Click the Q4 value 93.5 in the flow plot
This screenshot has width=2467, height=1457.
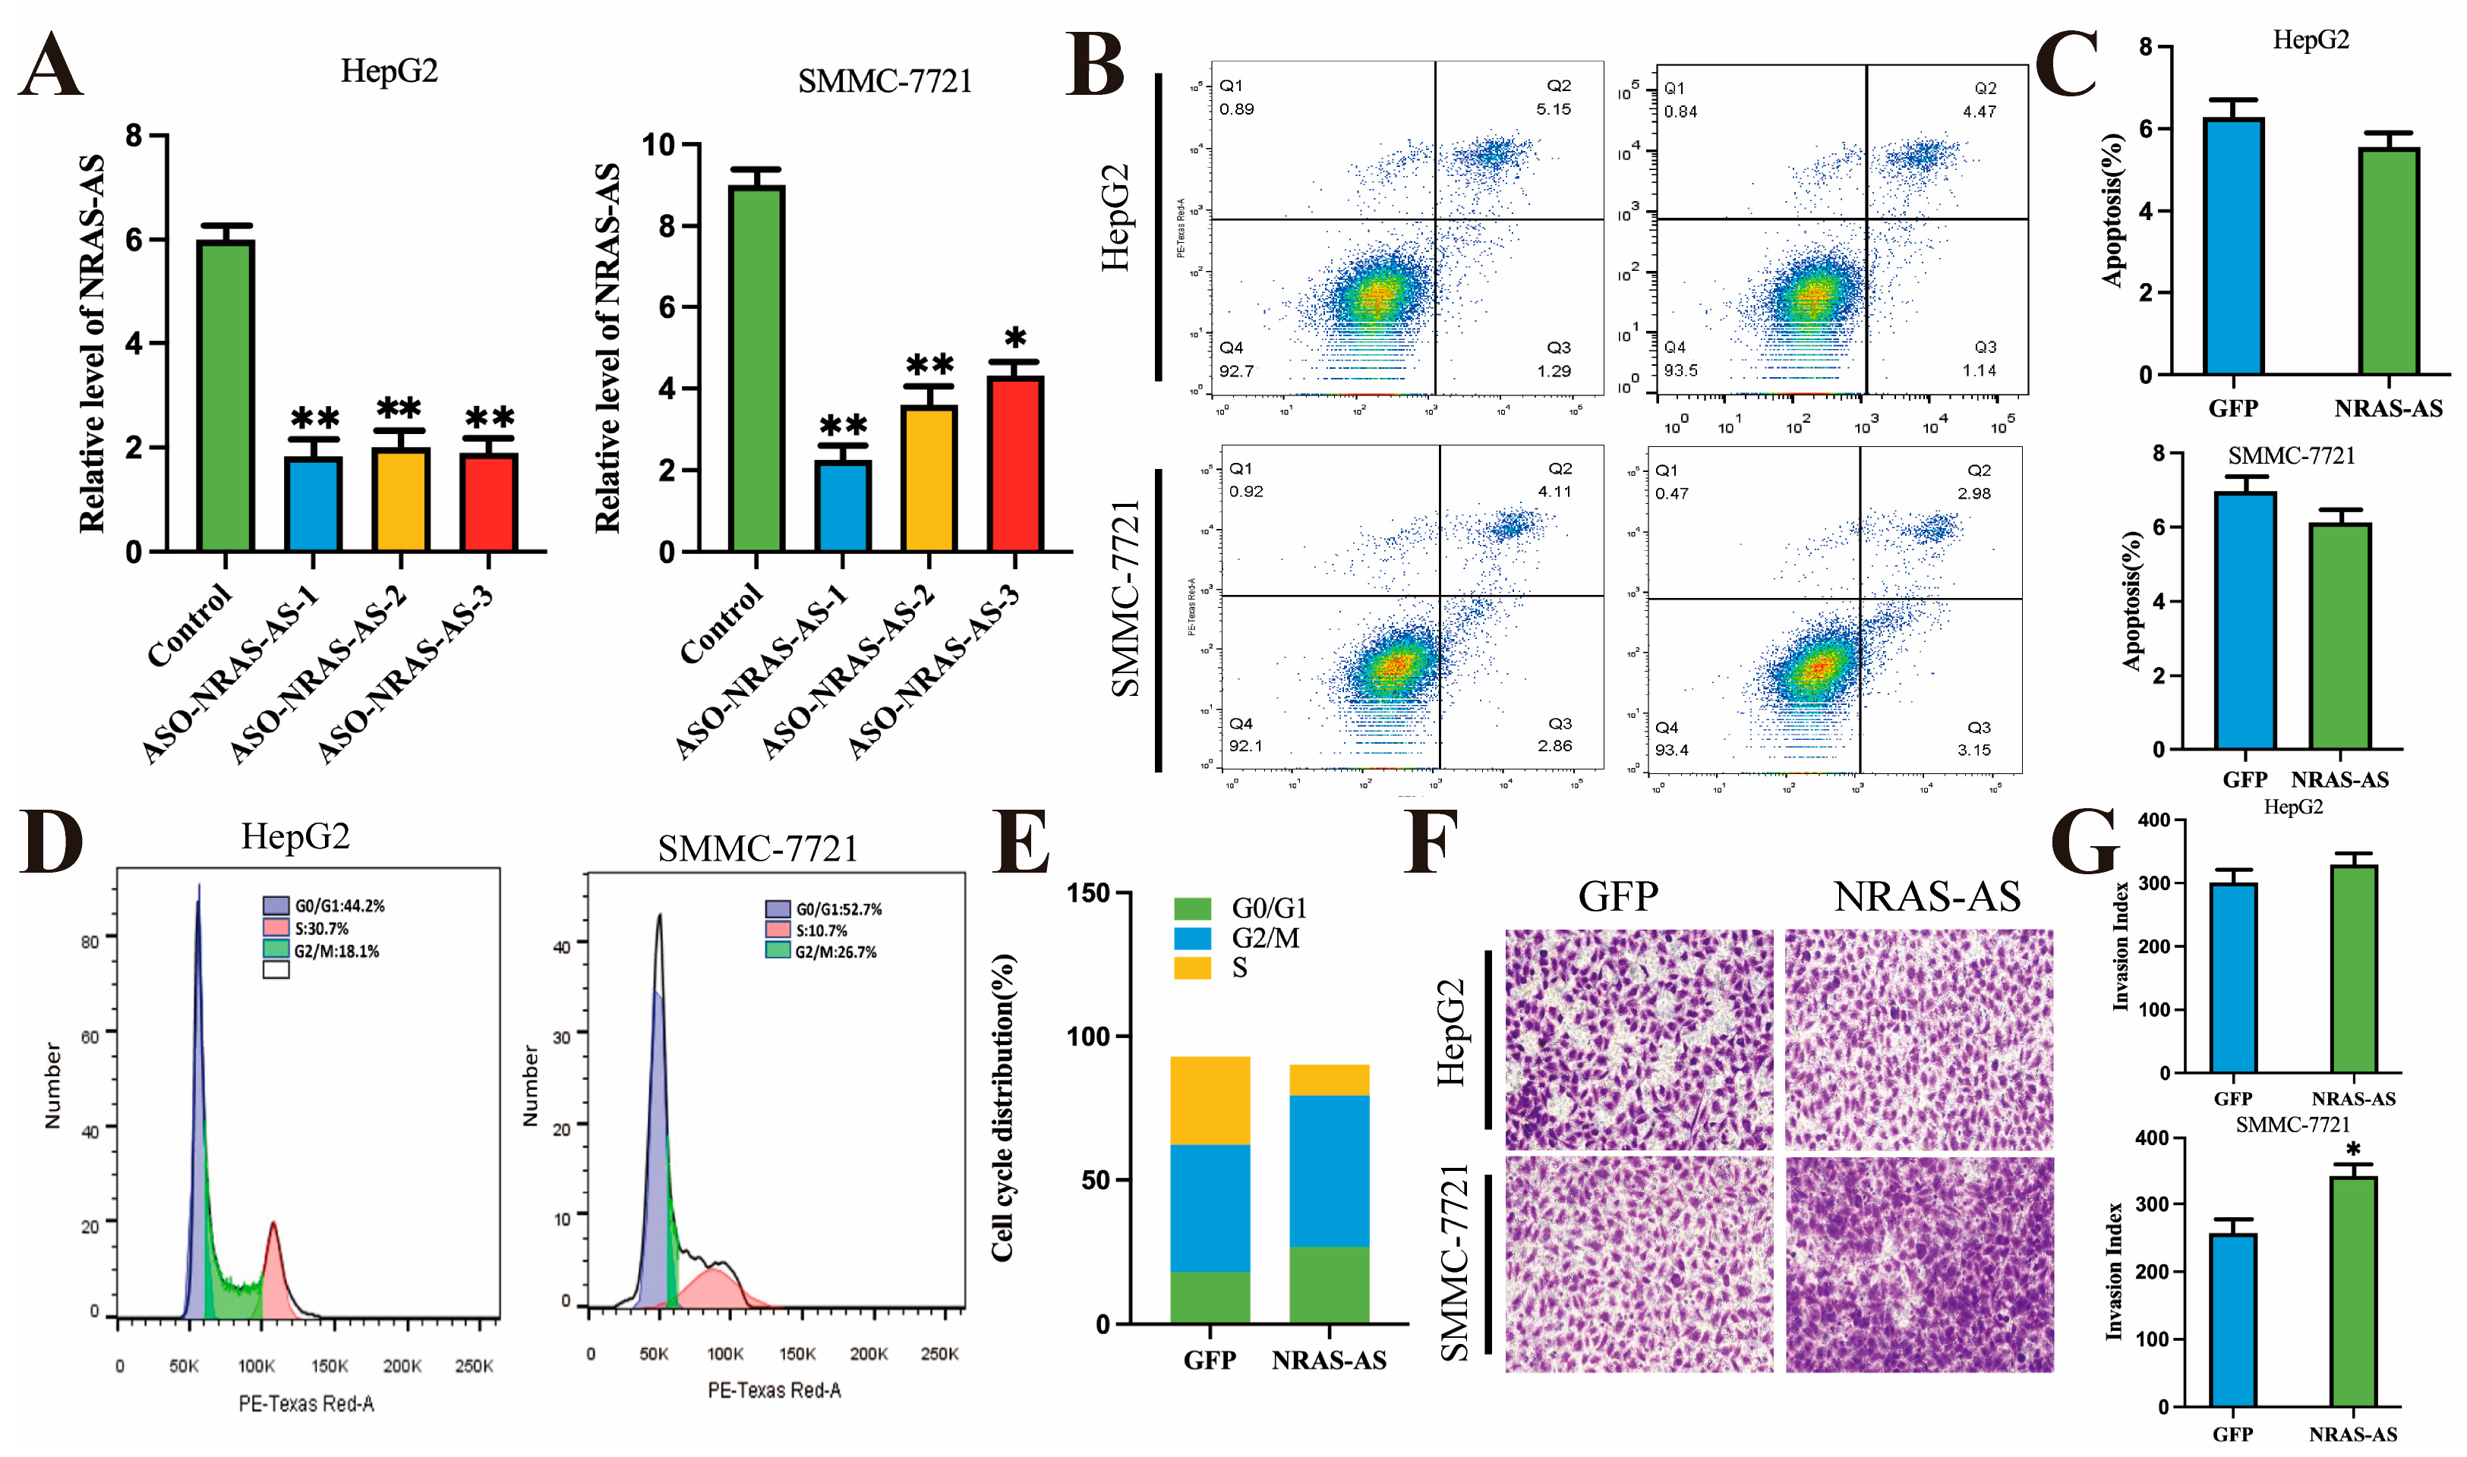(x=1680, y=370)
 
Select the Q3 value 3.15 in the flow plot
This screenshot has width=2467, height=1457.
(x=1974, y=750)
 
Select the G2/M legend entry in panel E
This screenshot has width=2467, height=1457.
(x=1265, y=939)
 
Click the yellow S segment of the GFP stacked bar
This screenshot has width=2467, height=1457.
(x=1209, y=1100)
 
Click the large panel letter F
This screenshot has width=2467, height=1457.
(x=1431, y=842)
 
